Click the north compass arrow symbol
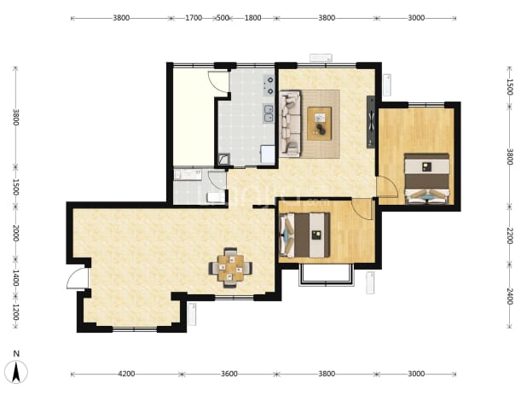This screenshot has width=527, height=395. (16, 371)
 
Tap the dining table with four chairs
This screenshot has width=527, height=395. (230, 268)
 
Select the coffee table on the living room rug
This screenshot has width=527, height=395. (320, 123)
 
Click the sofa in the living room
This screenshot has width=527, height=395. (290, 124)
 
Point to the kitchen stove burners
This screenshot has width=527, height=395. (269, 85)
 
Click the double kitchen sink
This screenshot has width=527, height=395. (269, 113)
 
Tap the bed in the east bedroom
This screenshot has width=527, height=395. (427, 178)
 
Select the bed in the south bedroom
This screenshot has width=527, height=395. (304, 235)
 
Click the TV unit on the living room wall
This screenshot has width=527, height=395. (371, 122)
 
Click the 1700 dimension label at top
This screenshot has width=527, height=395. (194, 18)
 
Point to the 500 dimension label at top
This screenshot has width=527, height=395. (223, 18)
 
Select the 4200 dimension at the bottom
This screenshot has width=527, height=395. (126, 374)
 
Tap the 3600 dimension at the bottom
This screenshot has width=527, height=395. (229, 374)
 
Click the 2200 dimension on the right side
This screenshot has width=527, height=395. (510, 235)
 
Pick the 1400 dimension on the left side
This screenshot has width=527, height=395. (15, 277)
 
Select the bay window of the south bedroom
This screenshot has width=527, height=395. (327, 275)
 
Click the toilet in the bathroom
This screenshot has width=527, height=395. (216, 197)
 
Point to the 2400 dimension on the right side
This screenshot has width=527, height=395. (510, 296)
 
